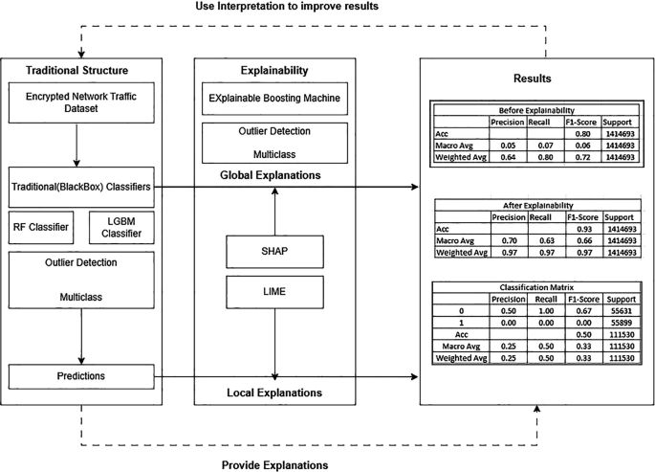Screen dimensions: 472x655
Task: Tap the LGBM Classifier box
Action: [121, 228]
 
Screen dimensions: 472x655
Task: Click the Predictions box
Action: [81, 376]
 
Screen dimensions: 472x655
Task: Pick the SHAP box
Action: [275, 252]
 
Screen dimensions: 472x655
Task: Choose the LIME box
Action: [275, 289]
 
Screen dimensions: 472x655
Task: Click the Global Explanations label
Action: [274, 174]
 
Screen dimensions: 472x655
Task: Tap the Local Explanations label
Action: [274, 393]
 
